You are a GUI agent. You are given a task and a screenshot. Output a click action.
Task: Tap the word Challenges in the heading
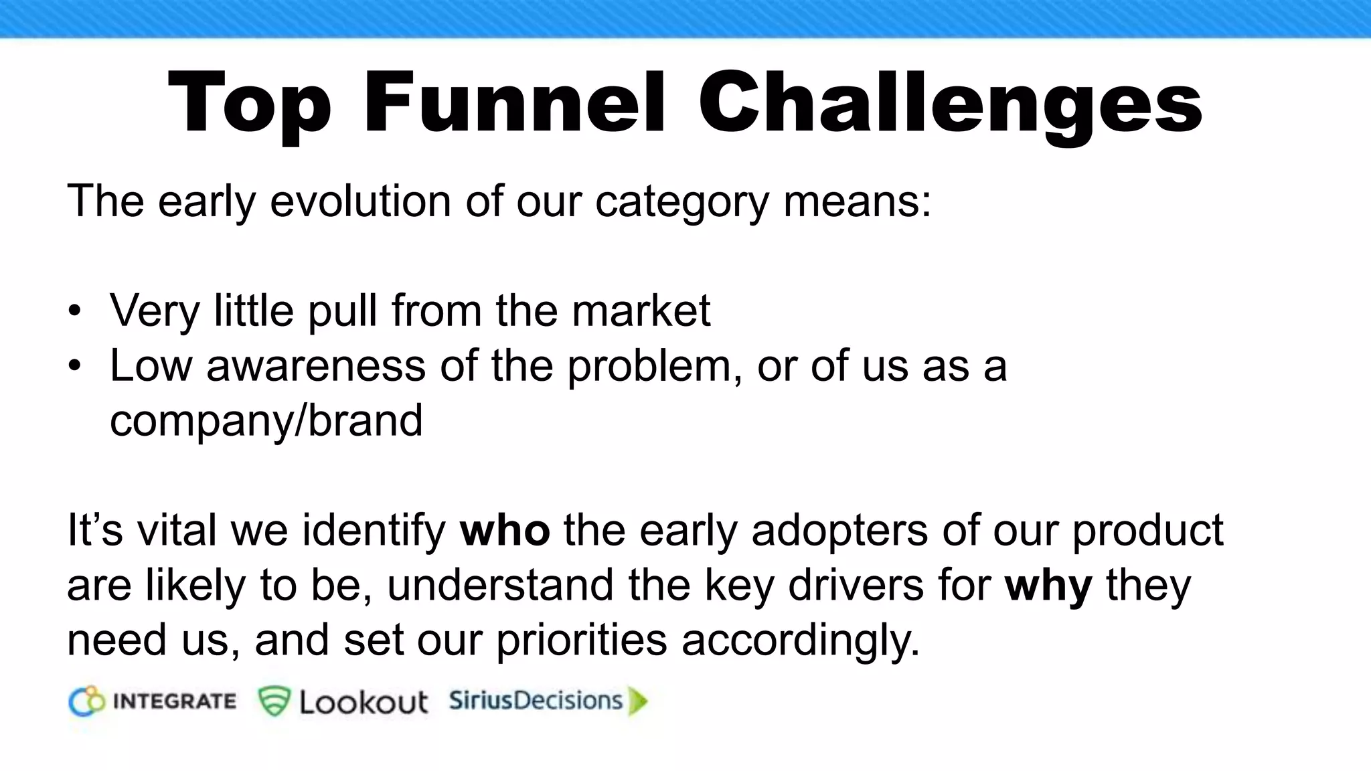tap(950, 104)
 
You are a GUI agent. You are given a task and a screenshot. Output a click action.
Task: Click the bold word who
tap(505, 530)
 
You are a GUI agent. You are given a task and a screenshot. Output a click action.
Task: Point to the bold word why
tap(1048, 585)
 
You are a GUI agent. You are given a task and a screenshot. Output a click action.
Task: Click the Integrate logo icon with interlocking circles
tap(87, 701)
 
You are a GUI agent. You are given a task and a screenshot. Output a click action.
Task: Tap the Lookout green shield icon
tap(274, 701)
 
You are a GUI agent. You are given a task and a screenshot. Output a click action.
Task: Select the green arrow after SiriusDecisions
tap(639, 701)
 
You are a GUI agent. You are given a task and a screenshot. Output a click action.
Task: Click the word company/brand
tap(266, 420)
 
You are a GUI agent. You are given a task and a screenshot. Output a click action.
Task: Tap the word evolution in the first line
tap(360, 201)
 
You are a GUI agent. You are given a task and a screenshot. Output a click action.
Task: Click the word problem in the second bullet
tap(654, 366)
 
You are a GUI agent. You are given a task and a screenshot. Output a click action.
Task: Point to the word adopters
tap(840, 530)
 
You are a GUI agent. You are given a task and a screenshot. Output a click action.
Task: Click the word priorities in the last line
tap(581, 640)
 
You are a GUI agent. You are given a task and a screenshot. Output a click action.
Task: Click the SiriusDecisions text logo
tap(536, 701)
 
